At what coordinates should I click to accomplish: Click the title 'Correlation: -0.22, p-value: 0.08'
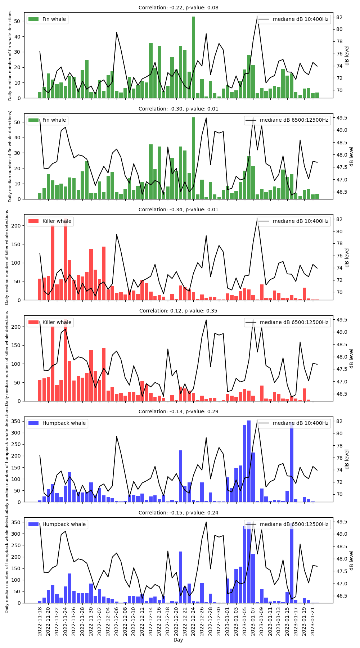178,8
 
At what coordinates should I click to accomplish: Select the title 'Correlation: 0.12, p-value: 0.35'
178,311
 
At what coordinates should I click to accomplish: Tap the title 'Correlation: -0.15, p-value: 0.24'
178,513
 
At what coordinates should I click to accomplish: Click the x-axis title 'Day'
178,640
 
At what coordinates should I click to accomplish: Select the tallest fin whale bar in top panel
193,58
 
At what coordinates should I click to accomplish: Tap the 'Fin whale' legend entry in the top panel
47,19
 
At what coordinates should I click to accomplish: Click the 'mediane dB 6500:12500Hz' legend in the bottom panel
287,524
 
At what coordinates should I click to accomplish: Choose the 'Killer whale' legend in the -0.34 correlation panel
50,221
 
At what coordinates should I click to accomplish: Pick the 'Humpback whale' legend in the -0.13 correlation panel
57,423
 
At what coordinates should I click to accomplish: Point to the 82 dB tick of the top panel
339,17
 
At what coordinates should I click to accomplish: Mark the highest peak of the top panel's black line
257,15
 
